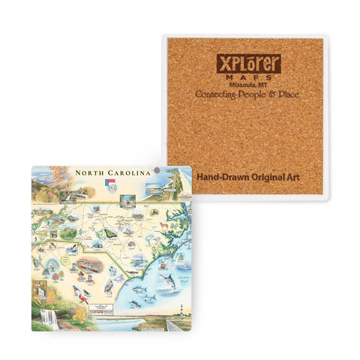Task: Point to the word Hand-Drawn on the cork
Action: coord(218,178)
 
